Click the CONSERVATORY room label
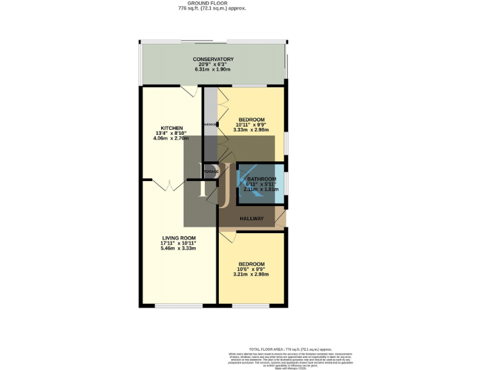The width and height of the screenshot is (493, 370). pos(212,59)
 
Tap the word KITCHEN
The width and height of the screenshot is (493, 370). pos(172,128)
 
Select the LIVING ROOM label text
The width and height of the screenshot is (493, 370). pos(178,238)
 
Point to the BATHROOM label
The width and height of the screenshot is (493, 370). pos(261,179)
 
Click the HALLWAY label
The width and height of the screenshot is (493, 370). pos(252,219)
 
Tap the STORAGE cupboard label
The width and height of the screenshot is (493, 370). pos(211,172)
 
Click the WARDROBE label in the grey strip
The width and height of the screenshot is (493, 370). pos(211,125)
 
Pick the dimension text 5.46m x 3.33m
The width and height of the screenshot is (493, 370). pos(178,248)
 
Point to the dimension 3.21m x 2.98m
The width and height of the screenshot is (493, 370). pos(251,274)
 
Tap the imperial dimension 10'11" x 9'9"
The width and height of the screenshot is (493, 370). pos(252,125)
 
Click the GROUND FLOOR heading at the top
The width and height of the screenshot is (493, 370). pos(212,3)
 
